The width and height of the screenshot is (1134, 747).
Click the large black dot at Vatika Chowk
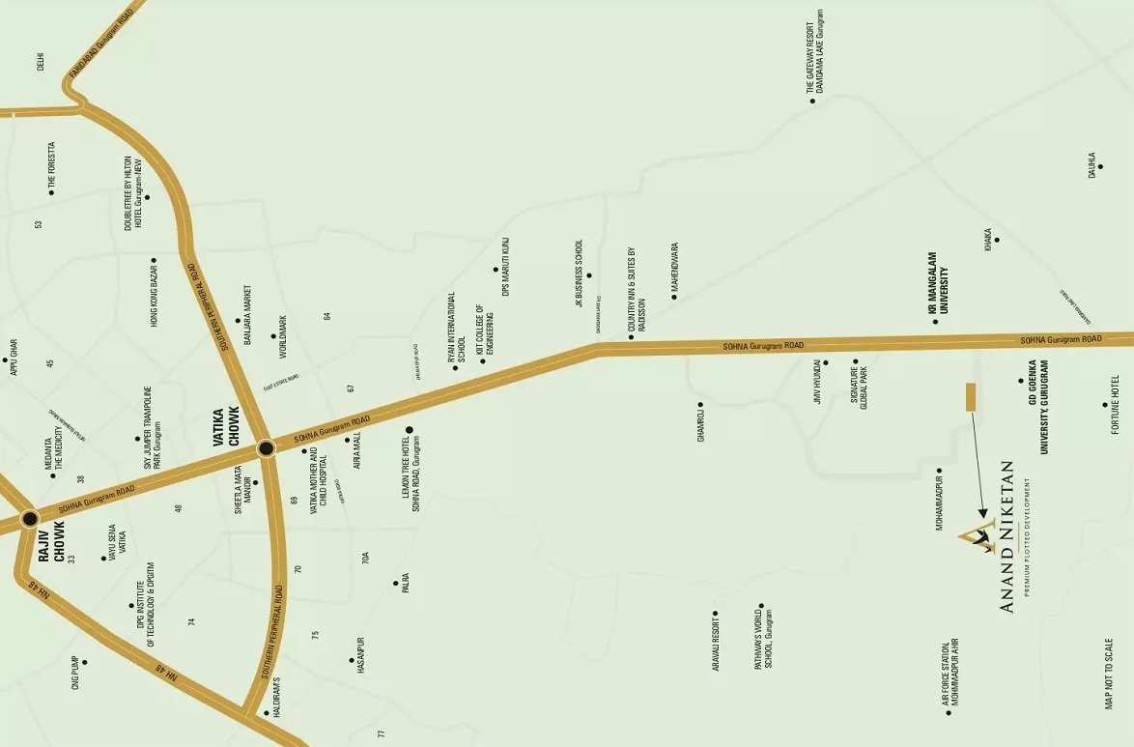(x=266, y=447)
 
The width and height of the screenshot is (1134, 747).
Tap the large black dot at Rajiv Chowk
(x=29, y=518)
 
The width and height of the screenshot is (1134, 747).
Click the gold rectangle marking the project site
(x=971, y=397)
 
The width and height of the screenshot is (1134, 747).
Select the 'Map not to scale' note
(x=1110, y=674)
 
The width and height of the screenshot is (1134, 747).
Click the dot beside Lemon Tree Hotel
(x=409, y=430)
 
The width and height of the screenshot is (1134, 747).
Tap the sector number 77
(x=381, y=734)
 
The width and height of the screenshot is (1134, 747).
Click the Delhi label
(x=41, y=61)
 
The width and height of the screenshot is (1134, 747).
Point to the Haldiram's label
(x=274, y=694)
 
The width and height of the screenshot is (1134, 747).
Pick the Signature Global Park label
(x=859, y=388)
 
